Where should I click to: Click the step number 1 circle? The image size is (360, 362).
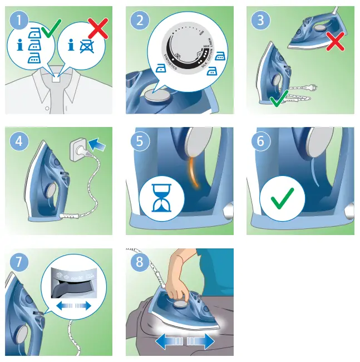[19, 21]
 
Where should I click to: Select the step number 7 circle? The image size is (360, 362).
[19, 262]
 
